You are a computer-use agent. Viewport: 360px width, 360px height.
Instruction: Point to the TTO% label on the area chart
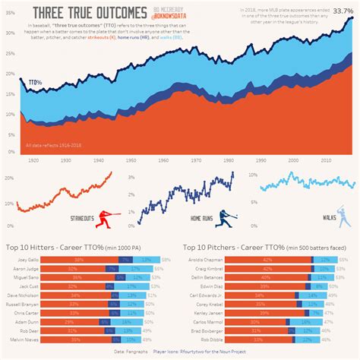click(x=36, y=81)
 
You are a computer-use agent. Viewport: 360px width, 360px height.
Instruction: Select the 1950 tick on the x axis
click(x=131, y=161)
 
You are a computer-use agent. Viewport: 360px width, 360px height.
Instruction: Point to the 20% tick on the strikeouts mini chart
click(x=9, y=178)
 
